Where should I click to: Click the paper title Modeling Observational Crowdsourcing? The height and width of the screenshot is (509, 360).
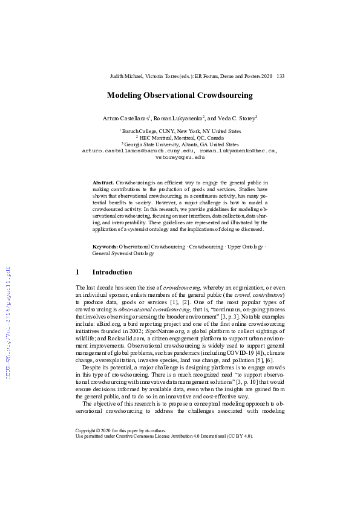click(x=180, y=96)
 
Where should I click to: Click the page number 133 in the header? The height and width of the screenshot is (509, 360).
click(x=280, y=77)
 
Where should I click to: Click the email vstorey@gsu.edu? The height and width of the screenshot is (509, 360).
click(x=180, y=156)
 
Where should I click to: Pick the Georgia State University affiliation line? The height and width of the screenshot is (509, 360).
click(x=180, y=144)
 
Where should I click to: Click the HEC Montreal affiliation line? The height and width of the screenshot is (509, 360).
click(x=180, y=138)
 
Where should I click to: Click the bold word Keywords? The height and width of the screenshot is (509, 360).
click(x=105, y=247)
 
